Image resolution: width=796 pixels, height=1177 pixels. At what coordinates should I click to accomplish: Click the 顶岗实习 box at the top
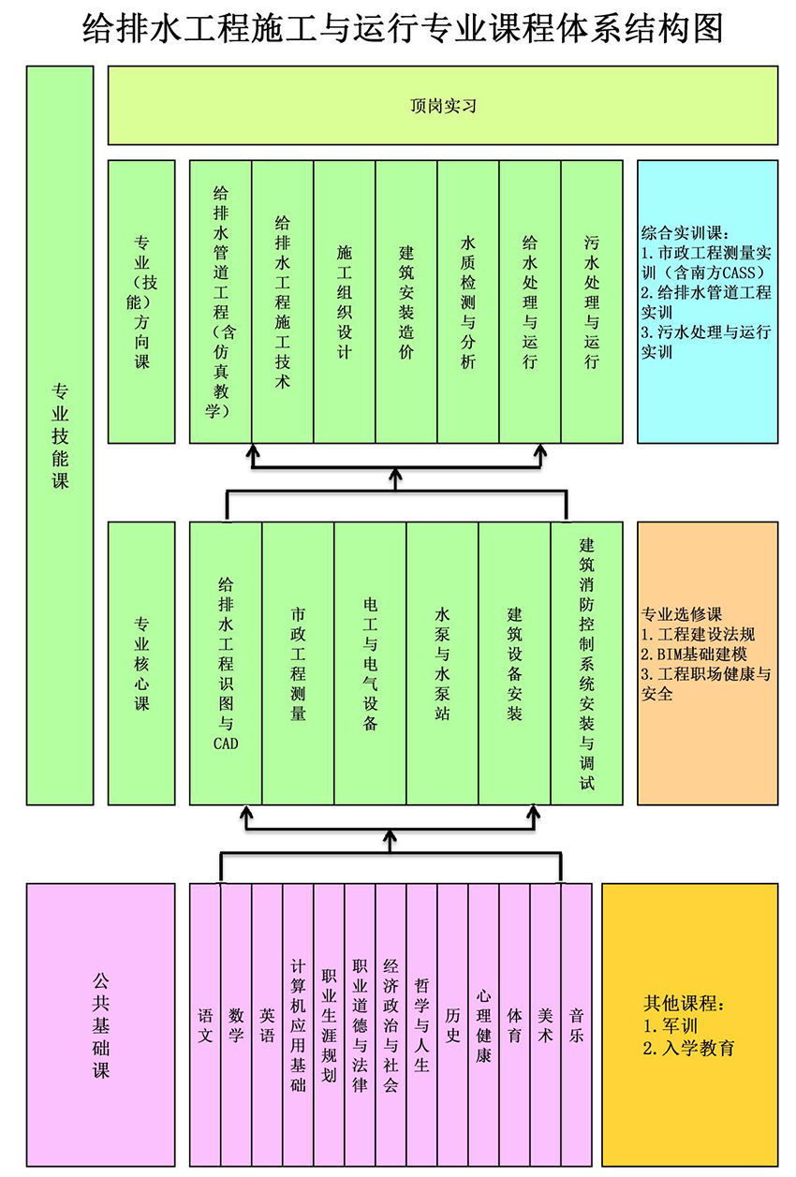(x=443, y=106)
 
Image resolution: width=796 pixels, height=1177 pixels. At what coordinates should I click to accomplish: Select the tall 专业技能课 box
(x=60, y=435)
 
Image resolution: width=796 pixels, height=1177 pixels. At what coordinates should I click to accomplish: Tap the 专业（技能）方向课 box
(x=141, y=302)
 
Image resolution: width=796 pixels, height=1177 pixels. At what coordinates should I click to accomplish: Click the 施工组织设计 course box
(x=344, y=302)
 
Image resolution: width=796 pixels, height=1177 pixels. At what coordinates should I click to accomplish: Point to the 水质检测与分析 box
(x=467, y=302)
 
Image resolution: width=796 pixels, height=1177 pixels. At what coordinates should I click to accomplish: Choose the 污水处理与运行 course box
(x=591, y=302)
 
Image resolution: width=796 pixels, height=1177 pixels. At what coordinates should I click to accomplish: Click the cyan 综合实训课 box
(x=707, y=302)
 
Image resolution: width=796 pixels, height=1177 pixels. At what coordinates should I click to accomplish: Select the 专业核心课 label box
(x=141, y=663)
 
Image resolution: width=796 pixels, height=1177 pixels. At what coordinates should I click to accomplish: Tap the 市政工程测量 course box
(x=298, y=663)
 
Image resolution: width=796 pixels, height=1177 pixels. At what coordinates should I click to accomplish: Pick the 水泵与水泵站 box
(x=442, y=663)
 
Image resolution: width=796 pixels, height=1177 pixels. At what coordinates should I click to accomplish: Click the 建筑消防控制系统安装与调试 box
(x=586, y=663)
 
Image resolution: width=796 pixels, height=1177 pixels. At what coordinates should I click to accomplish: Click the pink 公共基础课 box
(x=101, y=1023)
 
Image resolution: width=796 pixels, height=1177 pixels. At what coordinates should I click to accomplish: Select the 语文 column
(x=205, y=1023)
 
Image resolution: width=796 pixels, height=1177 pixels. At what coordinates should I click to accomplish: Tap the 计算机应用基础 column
(x=298, y=1023)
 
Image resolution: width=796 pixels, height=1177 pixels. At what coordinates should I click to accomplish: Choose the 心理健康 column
(x=483, y=1023)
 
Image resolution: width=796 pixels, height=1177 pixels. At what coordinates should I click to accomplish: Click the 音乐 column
(x=576, y=1023)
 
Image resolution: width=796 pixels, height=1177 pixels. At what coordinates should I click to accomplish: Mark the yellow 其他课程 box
(x=689, y=1023)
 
